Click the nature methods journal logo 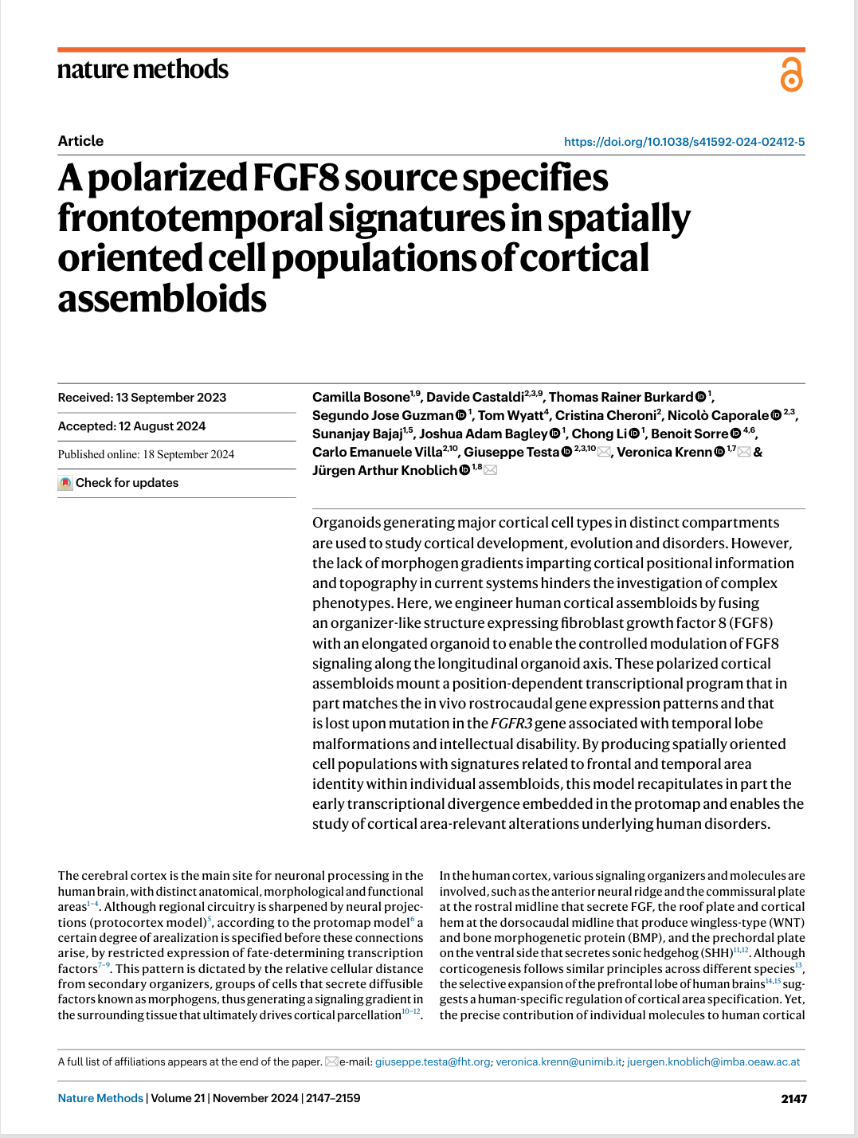coord(143,70)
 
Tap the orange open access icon coord(791,74)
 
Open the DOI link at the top coord(684,142)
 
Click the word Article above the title coord(80,141)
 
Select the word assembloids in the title coord(162,299)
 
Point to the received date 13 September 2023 coord(170,398)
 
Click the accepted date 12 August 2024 coord(162,426)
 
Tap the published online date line coord(146,454)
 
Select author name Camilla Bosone coord(360,397)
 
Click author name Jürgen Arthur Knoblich coord(384,470)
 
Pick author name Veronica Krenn coord(664,452)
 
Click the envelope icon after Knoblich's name coord(491,470)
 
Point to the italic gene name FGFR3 coord(511,724)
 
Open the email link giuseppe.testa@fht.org coord(433,1061)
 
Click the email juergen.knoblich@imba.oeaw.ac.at coord(713,1061)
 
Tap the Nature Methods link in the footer coord(100,1098)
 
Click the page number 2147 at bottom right coord(793,1099)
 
